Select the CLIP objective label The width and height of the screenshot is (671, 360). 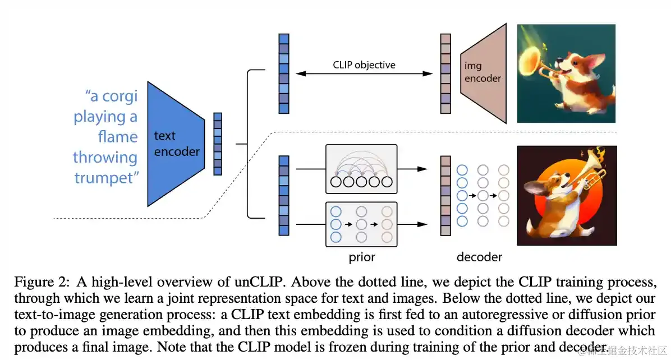pyautogui.click(x=364, y=64)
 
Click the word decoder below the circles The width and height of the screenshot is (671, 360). pyautogui.click(x=479, y=257)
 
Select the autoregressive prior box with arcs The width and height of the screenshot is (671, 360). pyautogui.click(x=361, y=169)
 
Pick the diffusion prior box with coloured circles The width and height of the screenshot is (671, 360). pyautogui.click(x=361, y=224)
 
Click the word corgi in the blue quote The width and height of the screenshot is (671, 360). pyautogui.click(x=118, y=96)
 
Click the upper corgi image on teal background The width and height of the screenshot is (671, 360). pyautogui.click(x=566, y=73)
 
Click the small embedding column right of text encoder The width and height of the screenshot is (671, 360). pyautogui.click(x=218, y=144)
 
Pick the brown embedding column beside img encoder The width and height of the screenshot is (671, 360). pyautogui.click(x=445, y=73)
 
